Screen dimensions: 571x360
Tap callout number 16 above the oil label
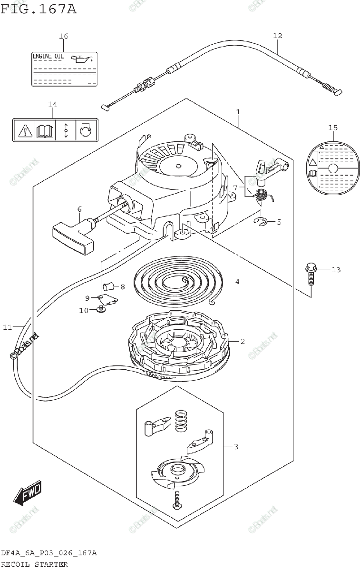pyautogui.click(x=63, y=36)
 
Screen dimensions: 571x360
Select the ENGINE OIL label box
pyautogui.click(x=64, y=69)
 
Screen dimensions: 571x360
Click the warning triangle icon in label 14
pyautogui.click(x=24, y=130)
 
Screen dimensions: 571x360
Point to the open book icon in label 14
pyautogui.click(x=45, y=130)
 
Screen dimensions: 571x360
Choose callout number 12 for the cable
pyautogui.click(x=278, y=35)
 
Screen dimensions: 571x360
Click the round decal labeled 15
pyautogui.click(x=332, y=169)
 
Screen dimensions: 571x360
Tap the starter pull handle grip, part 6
pyautogui.click(x=71, y=236)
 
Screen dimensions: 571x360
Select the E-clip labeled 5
pyautogui.click(x=261, y=221)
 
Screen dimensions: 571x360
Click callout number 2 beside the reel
pyautogui.click(x=243, y=341)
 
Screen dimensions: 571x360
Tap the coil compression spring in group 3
pyautogui.click(x=181, y=421)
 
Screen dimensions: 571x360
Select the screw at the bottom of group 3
pyautogui.click(x=177, y=501)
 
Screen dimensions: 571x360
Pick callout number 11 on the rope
pyautogui.click(x=7, y=327)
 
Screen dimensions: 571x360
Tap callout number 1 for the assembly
pyautogui.click(x=238, y=112)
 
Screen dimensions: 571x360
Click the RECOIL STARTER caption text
pyautogui.click(x=34, y=564)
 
